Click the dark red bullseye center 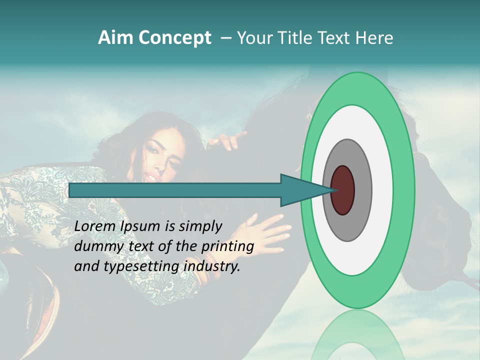pyautogui.click(x=343, y=190)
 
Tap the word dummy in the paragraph pyautogui.click(x=96, y=246)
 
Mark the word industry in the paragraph pyautogui.click(x=212, y=266)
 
